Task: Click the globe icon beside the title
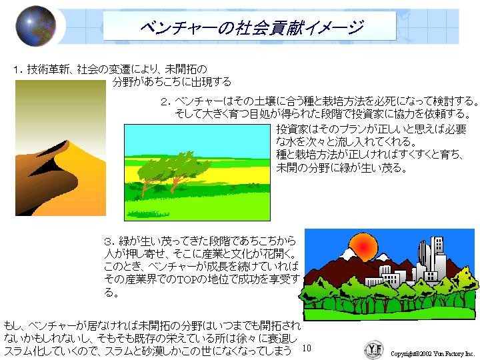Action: [x=35, y=26]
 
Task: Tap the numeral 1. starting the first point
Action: [x=19, y=70]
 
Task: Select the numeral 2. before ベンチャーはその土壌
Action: [x=165, y=102]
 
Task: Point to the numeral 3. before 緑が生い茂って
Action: [x=109, y=242]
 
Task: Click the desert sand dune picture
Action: [x=61, y=148]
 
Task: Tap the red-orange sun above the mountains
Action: [x=363, y=247]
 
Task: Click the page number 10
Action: [x=307, y=348]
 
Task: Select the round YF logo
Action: [x=374, y=349]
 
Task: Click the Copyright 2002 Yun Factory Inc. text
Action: [x=432, y=353]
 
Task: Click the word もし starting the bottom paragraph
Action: [x=12, y=325]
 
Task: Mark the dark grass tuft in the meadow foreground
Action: [x=148, y=214]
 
